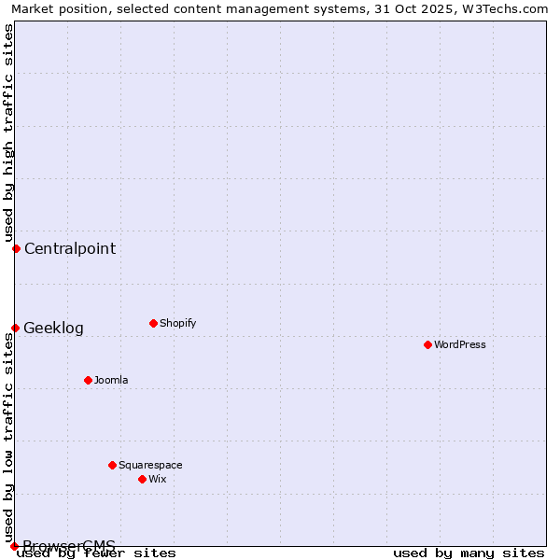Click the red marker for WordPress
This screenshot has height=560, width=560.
[x=427, y=344]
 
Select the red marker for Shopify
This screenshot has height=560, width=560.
[x=153, y=323]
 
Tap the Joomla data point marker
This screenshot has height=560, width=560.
[x=88, y=380]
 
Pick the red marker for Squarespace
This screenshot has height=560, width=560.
[x=112, y=465]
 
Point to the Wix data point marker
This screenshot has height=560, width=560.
[x=142, y=479]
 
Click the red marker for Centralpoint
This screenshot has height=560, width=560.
[x=16, y=248]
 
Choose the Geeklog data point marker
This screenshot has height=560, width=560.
[x=15, y=328]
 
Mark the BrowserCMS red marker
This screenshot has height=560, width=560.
[x=14, y=546]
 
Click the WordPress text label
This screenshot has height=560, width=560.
[x=460, y=344]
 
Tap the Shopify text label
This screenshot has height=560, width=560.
[x=178, y=323]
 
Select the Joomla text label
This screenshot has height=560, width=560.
[x=111, y=380]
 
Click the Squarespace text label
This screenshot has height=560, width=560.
[x=150, y=465]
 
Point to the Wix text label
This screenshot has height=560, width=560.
[x=158, y=479]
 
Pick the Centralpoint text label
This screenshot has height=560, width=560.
[x=70, y=248]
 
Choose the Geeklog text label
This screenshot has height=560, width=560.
[x=53, y=328]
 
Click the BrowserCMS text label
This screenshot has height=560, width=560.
[x=69, y=546]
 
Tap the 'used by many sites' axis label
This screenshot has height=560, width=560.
[x=469, y=553]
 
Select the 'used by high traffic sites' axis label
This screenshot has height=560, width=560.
[x=8, y=133]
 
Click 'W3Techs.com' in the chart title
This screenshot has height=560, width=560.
[x=511, y=8]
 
